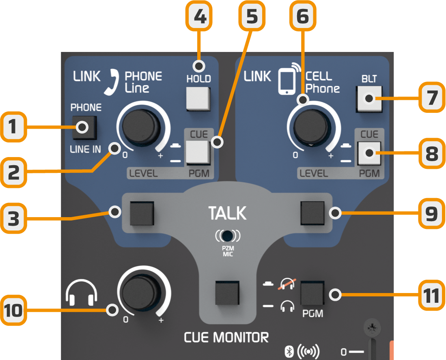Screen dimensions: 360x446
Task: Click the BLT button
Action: (x=369, y=99)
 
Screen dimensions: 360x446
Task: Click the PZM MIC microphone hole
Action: (x=228, y=235)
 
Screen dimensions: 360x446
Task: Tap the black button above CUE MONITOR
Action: (x=227, y=292)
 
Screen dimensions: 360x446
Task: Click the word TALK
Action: (x=227, y=213)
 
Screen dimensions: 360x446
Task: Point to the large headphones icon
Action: (x=82, y=292)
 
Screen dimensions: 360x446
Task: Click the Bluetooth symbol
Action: (x=289, y=351)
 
